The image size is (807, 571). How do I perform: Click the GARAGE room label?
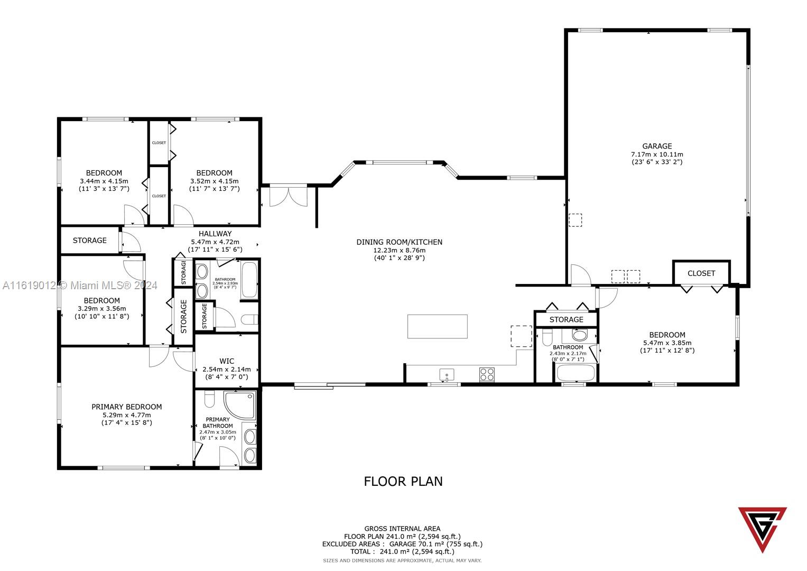click(657, 146)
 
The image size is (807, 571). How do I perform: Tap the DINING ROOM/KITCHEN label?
click(399, 242)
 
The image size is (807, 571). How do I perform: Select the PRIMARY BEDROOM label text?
click(127, 407)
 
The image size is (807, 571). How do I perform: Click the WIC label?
click(227, 361)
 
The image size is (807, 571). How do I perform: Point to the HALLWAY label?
click(215, 234)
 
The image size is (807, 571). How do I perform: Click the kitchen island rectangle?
click(437, 326)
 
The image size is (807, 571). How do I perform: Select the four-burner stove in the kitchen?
click(487, 374)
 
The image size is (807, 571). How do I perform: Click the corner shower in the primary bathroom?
click(239, 404)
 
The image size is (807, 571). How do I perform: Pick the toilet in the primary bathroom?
click(209, 400)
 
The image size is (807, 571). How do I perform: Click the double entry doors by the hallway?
click(288, 196)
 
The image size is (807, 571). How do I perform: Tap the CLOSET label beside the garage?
click(701, 273)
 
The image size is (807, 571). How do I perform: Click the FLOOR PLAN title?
click(403, 481)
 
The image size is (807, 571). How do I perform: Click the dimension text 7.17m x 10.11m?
click(657, 154)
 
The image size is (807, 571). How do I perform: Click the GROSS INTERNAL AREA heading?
click(402, 528)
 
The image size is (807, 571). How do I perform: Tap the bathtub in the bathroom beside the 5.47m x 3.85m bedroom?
click(576, 373)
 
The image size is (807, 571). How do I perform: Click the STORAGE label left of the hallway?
click(90, 241)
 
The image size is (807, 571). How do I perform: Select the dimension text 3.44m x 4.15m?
click(104, 181)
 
